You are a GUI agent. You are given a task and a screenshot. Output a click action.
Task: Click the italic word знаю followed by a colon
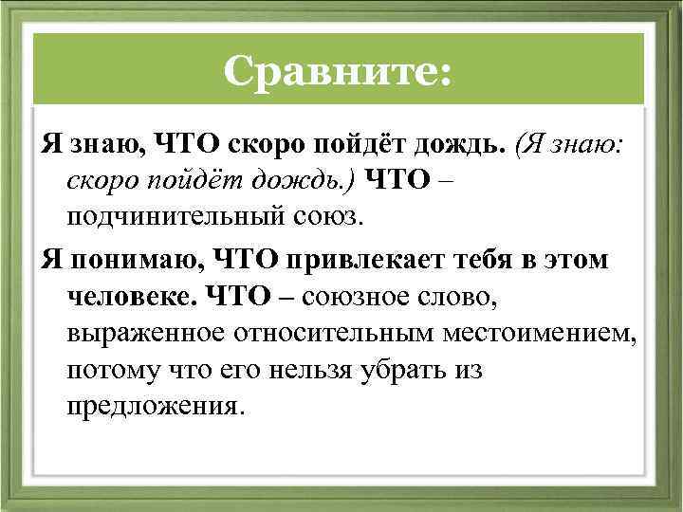click(x=593, y=144)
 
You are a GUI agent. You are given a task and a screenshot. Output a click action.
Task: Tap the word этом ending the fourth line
click(x=578, y=259)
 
